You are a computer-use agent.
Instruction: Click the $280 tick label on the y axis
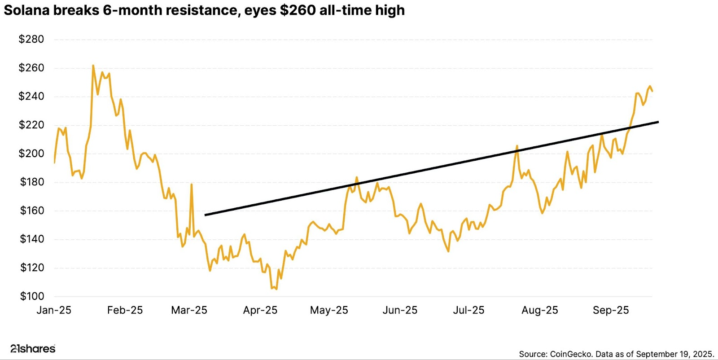pyautogui.click(x=31, y=40)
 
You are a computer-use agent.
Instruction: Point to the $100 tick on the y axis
pyautogui.click(x=32, y=296)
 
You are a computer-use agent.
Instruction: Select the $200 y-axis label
pyautogui.click(x=31, y=154)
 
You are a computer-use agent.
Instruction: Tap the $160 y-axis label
pyautogui.click(x=32, y=211)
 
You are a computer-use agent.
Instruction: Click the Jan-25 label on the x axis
pyautogui.click(x=54, y=310)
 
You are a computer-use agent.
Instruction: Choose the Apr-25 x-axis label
pyautogui.click(x=260, y=310)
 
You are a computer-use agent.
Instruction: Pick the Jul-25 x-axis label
pyautogui.click(x=468, y=310)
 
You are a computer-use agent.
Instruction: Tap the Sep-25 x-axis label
pyautogui.click(x=611, y=310)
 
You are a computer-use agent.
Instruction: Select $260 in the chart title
pyautogui.click(x=298, y=10)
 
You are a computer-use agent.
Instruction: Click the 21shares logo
pyautogui.click(x=33, y=349)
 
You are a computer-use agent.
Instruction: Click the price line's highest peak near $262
pyautogui.click(x=93, y=66)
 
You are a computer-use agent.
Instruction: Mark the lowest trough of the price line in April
pyautogui.click(x=276, y=289)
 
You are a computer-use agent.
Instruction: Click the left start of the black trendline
pyautogui.click(x=206, y=215)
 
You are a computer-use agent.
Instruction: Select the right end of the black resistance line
pyautogui.click(x=658, y=122)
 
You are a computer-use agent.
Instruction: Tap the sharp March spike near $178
pyautogui.click(x=192, y=184)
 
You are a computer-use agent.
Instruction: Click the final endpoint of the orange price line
pyautogui.click(x=652, y=91)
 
